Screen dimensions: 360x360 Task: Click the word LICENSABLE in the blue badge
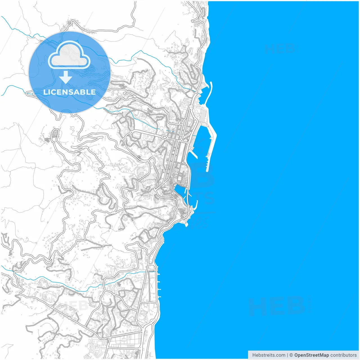coord(69,92)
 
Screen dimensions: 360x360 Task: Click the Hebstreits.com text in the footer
coord(269,355)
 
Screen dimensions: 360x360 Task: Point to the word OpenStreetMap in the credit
coord(311,355)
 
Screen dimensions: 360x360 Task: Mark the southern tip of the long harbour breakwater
coord(207,170)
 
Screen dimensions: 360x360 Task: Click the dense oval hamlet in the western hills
coord(55,133)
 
